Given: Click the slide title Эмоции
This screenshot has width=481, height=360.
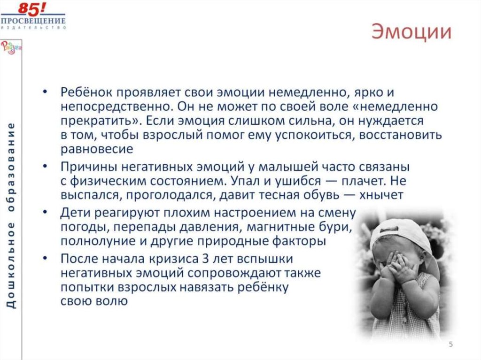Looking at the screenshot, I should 412,33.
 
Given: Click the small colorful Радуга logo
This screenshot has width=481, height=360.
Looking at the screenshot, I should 9,47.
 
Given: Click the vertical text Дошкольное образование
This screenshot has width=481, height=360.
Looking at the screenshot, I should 11,215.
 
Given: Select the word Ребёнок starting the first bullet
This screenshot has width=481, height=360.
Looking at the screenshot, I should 87,92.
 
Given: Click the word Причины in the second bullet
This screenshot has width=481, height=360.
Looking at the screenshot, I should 88,167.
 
